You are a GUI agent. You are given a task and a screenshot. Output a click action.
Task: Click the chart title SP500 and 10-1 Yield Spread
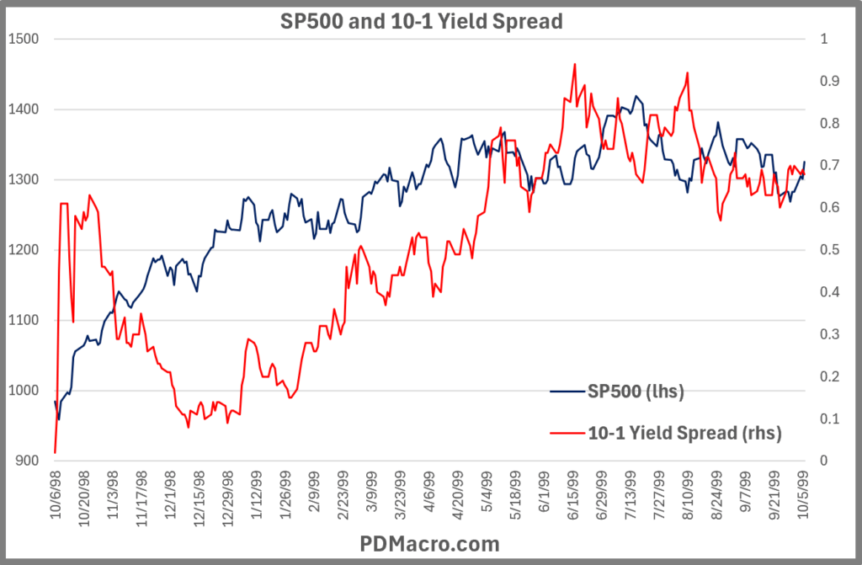[420, 22]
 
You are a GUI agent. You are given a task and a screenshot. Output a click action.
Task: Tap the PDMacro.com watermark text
[430, 543]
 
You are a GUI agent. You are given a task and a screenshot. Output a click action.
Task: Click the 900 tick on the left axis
[24, 461]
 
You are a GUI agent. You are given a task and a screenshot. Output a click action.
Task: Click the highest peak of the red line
[574, 64]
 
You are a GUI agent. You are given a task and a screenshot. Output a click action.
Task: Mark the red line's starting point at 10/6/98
[55, 452]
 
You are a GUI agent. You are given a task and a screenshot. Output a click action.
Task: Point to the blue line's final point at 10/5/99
[805, 162]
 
